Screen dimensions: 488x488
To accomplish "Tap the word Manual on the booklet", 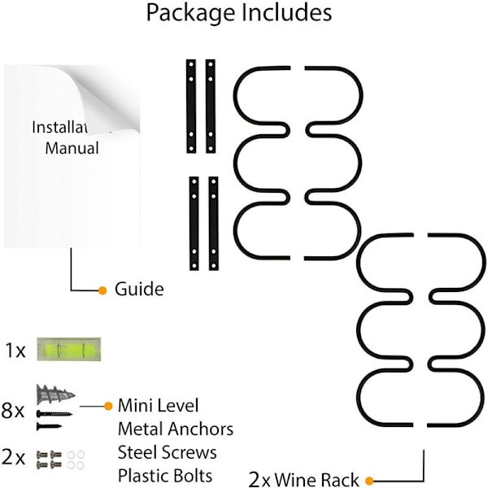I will [x=72, y=148].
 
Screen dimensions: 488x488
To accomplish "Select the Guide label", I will [x=138, y=290].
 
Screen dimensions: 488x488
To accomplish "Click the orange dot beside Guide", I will [x=102, y=290].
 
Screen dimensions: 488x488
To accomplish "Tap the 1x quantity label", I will [x=15, y=351].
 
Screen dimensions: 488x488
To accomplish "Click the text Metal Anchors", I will [x=175, y=429].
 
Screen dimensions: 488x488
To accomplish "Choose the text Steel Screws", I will [x=167, y=451].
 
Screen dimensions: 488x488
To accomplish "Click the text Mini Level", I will [x=158, y=405].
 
